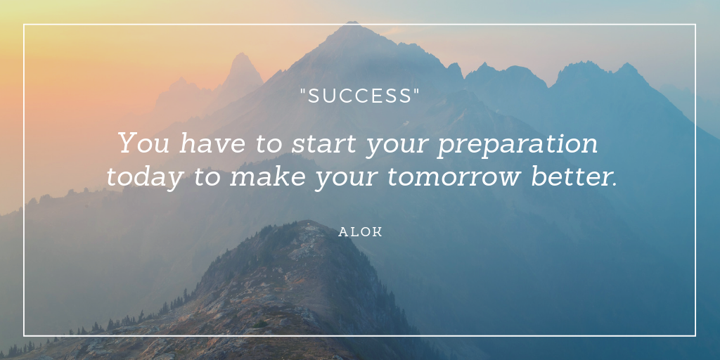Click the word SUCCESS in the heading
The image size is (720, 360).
[x=359, y=96]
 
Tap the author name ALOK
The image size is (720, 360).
[x=361, y=232]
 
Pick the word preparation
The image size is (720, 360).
[x=517, y=146]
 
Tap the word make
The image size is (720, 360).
[x=268, y=176]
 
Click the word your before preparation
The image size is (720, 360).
[x=397, y=146]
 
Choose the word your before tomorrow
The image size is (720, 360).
[x=347, y=179]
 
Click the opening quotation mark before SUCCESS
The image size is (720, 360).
[x=302, y=91]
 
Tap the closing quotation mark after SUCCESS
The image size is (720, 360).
[x=416, y=91]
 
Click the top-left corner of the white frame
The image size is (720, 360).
[x=25, y=25]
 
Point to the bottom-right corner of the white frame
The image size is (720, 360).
[x=695, y=335]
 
